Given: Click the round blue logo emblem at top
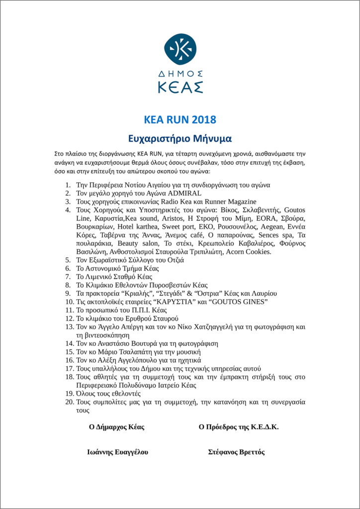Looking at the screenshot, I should click(180, 49).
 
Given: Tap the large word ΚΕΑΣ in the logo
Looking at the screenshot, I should click(180, 87).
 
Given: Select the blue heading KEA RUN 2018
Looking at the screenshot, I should click(180, 120).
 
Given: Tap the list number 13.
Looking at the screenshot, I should click(70, 327).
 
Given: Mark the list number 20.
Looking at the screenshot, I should click(70, 402).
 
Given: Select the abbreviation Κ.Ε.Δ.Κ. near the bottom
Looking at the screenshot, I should click(259, 426).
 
